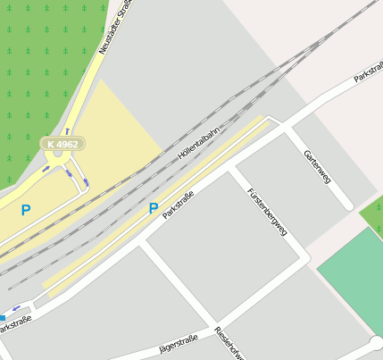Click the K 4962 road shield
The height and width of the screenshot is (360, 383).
tap(62, 143)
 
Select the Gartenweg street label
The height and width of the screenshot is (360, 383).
tap(317, 166)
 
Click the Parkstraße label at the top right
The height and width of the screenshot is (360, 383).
tap(368, 71)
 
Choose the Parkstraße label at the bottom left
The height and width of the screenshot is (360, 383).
tap(15, 324)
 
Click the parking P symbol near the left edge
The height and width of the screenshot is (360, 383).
tap(25, 211)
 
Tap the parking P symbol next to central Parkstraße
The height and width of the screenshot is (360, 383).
tap(154, 209)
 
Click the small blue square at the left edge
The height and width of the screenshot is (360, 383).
tap(3, 317)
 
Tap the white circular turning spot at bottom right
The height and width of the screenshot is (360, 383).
tap(376, 343)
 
